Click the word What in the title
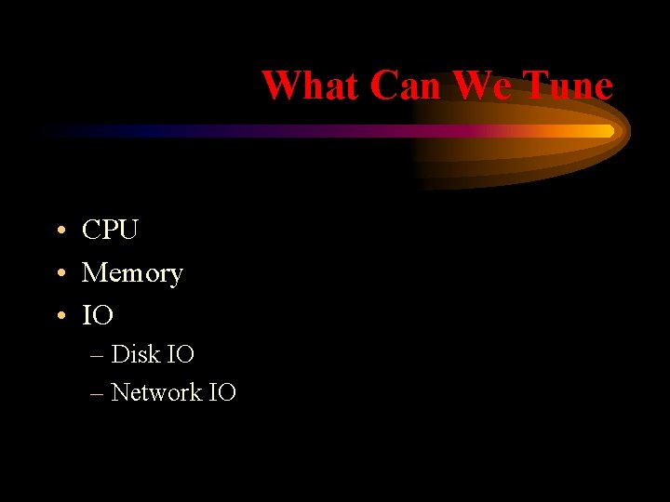coord(311,86)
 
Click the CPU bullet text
coord(110,230)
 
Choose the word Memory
coord(132,273)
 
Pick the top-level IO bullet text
coord(98,316)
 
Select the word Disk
coord(135,354)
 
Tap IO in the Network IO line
coord(221,392)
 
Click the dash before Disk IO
coord(98,355)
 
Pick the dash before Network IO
coord(98,393)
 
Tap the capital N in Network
coord(119,392)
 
